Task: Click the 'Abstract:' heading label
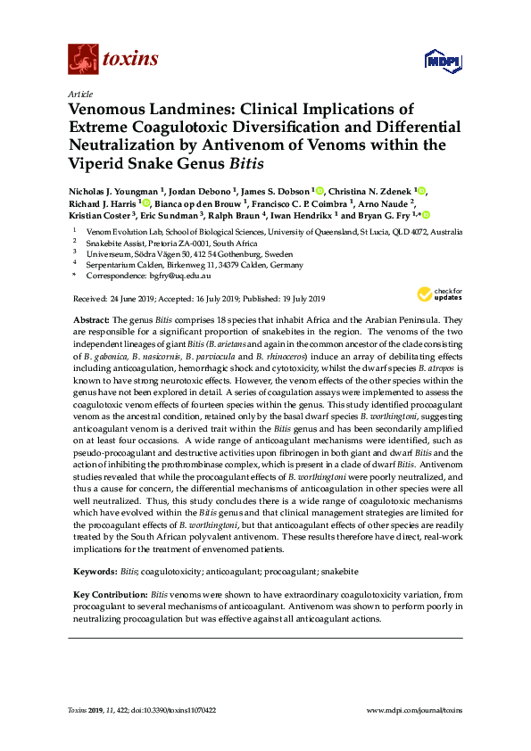(92, 319)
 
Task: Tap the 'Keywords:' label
(93, 570)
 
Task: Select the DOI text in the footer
(176, 709)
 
